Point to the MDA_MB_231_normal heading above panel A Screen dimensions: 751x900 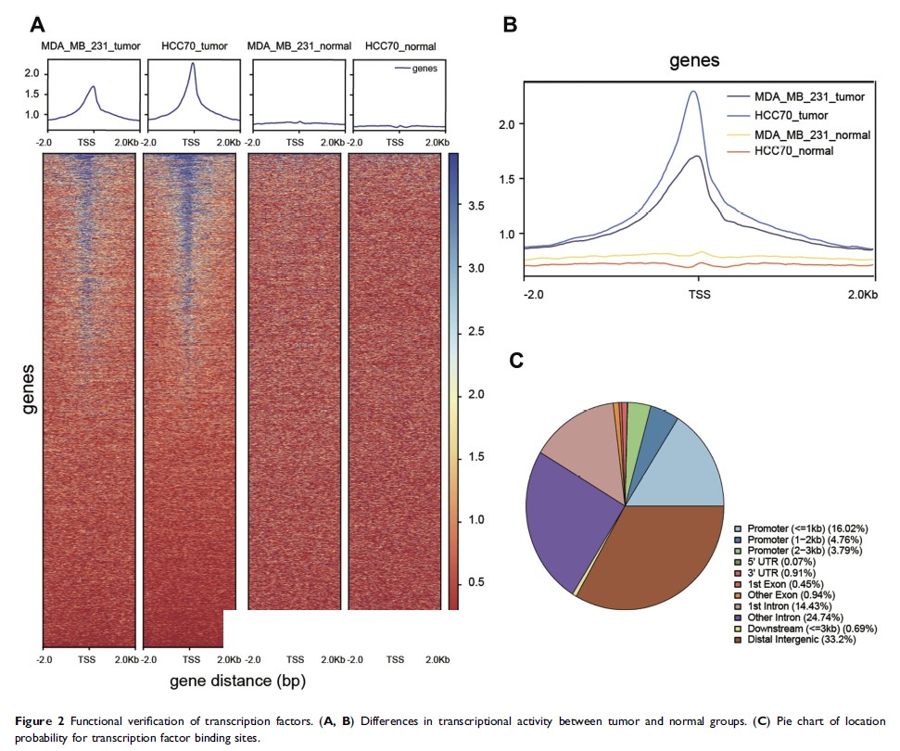point(294,46)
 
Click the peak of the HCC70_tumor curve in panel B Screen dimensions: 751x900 point(693,91)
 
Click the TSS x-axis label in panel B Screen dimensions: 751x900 point(698,295)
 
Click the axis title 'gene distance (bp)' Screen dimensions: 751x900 point(237,681)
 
